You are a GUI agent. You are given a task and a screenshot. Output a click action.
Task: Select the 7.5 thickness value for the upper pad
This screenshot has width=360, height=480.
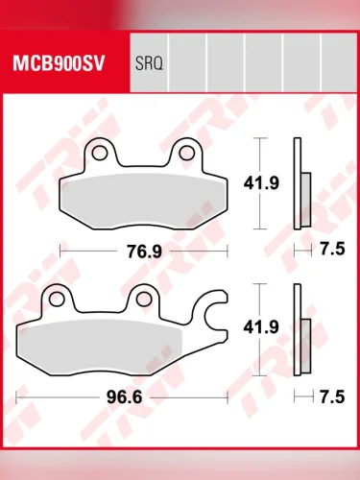click(x=332, y=249)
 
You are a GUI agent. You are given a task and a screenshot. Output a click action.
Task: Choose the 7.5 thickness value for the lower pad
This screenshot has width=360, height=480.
click(x=332, y=396)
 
